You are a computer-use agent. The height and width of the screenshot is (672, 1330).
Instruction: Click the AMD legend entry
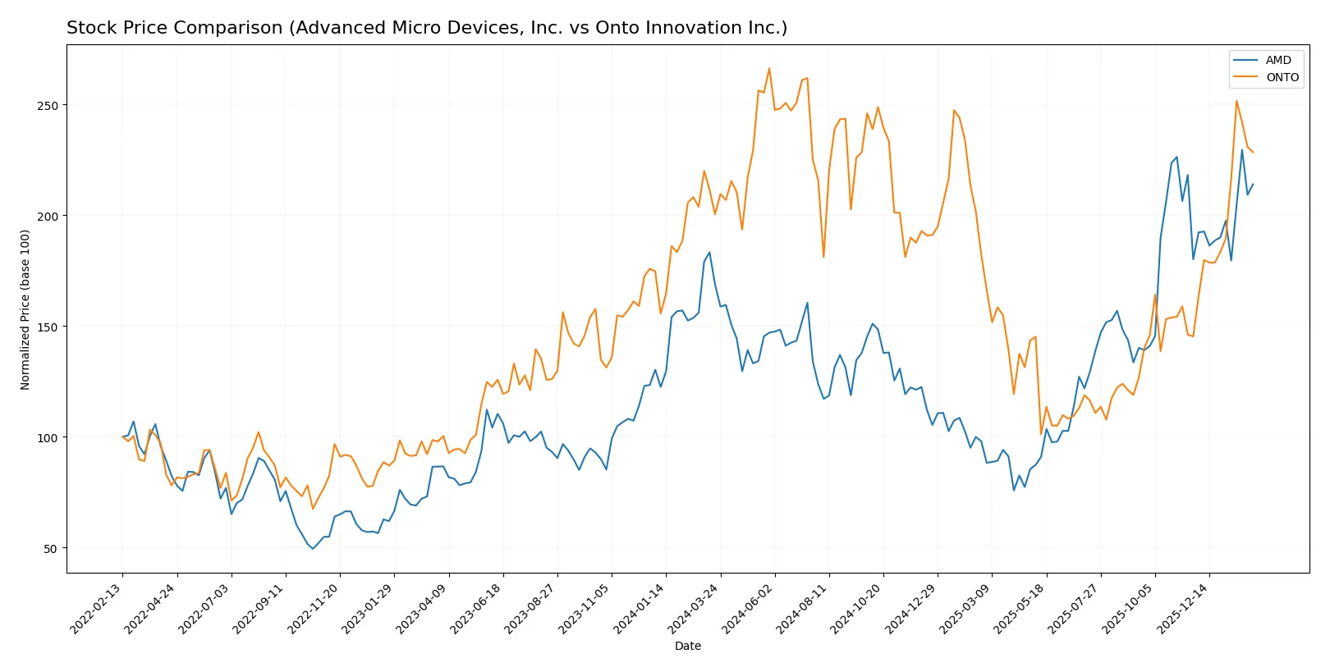tap(1277, 60)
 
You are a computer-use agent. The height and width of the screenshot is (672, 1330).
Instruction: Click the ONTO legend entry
tap(1282, 77)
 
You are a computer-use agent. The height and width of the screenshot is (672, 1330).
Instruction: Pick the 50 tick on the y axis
tap(50, 549)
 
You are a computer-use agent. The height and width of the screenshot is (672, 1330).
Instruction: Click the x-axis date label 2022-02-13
tap(97, 608)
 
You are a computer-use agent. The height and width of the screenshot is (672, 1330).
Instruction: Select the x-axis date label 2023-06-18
tap(477, 608)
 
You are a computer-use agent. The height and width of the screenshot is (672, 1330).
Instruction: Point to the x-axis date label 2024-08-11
tap(803, 608)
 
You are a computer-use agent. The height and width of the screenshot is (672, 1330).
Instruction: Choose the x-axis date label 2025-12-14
tap(1183, 608)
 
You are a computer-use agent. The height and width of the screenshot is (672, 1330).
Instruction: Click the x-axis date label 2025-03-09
tap(966, 608)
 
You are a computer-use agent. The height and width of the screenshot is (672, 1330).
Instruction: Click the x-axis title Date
tap(687, 647)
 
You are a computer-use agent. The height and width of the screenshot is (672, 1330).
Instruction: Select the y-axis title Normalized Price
tap(25, 309)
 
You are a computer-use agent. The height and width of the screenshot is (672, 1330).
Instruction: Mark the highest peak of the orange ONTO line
tap(769, 68)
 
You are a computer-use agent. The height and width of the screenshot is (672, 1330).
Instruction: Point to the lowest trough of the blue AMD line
tap(313, 549)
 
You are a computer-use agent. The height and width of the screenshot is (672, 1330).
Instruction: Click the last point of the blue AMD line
tap(1253, 185)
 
